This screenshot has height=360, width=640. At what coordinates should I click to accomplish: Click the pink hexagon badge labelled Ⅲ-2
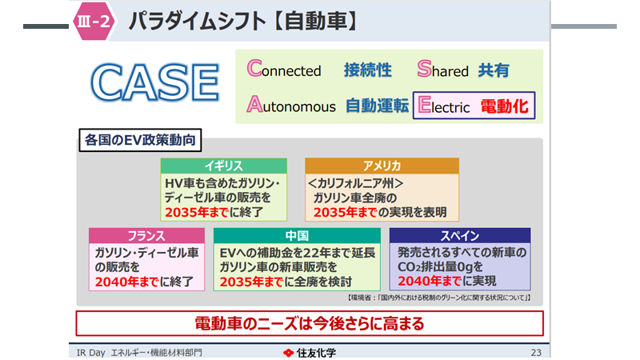tap(94, 21)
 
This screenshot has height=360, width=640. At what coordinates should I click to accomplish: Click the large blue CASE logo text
tap(155, 82)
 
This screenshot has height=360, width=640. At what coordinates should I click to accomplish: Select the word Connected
tap(284, 69)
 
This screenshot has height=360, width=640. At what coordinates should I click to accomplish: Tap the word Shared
tap(443, 70)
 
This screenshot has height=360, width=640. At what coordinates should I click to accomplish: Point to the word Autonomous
tap(291, 105)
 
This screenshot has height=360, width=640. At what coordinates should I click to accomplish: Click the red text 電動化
tap(505, 106)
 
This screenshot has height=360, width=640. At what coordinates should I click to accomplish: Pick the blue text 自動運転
tap(377, 106)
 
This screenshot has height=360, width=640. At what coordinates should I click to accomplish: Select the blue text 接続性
tap(368, 70)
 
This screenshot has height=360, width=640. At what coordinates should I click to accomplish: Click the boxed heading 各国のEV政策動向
tap(140, 140)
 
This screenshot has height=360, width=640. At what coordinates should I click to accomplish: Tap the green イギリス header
tap(224, 166)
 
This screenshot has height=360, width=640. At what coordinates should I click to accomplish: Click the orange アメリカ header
tap(382, 166)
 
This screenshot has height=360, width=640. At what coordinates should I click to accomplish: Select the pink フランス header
tap(146, 235)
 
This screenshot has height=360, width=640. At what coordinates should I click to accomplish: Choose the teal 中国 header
tap(297, 235)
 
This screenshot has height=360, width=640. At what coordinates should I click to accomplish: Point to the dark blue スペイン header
tap(460, 235)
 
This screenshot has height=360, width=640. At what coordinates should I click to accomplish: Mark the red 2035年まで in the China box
tap(251, 282)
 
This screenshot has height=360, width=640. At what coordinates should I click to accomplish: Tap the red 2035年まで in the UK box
tap(197, 212)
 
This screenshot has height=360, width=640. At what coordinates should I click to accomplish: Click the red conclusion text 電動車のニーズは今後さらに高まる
tap(310, 324)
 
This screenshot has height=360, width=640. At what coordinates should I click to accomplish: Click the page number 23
tap(536, 353)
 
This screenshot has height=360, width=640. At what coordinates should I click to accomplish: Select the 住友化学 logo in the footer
tap(310, 353)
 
